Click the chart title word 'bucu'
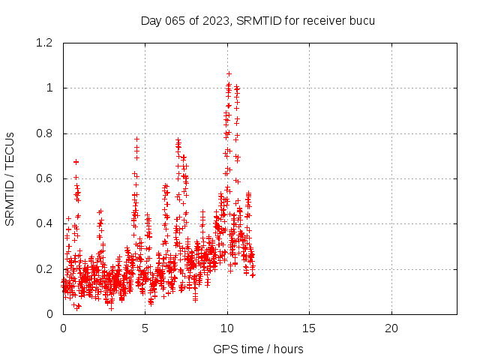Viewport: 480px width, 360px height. coord(361,20)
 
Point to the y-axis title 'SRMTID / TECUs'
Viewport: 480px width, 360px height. coord(10,178)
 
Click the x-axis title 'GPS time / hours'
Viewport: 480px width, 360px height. coord(258,349)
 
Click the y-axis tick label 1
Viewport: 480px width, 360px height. coord(51,88)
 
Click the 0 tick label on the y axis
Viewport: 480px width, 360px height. coord(51,313)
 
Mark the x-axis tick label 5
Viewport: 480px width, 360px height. coord(145,328)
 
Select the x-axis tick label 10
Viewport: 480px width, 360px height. coord(227,328)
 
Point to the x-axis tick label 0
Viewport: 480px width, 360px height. coord(63,328)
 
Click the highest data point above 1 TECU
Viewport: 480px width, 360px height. coord(229,74)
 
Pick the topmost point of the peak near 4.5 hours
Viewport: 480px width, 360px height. coord(136,139)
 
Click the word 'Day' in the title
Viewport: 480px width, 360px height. coord(151,20)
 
